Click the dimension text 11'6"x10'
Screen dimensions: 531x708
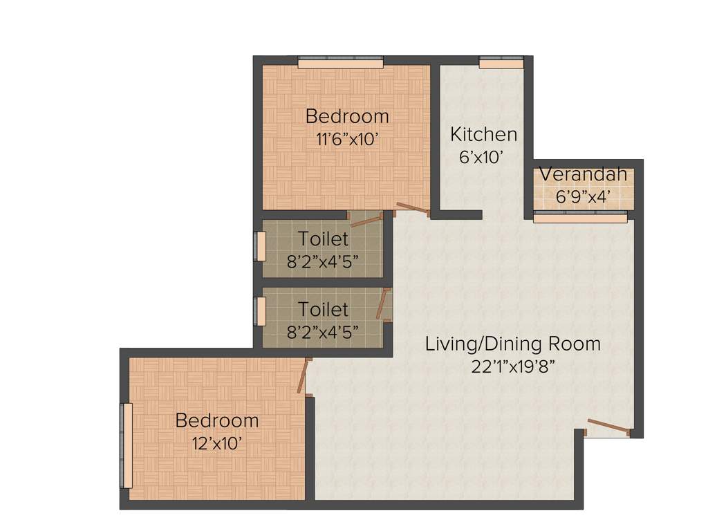point(347,138)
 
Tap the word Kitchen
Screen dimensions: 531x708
point(483,133)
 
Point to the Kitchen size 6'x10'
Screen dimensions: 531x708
point(481,157)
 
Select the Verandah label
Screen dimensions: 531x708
point(584,174)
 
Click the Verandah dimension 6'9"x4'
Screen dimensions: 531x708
point(584,196)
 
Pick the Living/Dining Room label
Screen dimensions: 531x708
point(512,344)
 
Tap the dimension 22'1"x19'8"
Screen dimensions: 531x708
point(512,366)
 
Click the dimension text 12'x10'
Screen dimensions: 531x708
point(216,442)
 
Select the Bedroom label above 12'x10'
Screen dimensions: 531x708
point(216,420)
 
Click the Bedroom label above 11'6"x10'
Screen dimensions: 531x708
point(347,115)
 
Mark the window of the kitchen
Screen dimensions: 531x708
point(501,63)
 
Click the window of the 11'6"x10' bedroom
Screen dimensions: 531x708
point(340,63)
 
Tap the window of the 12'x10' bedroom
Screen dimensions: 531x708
point(127,446)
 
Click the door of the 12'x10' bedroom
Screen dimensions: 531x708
point(303,376)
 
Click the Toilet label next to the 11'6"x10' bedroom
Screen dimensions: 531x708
point(323,239)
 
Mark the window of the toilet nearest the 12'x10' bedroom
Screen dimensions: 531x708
point(261,310)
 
